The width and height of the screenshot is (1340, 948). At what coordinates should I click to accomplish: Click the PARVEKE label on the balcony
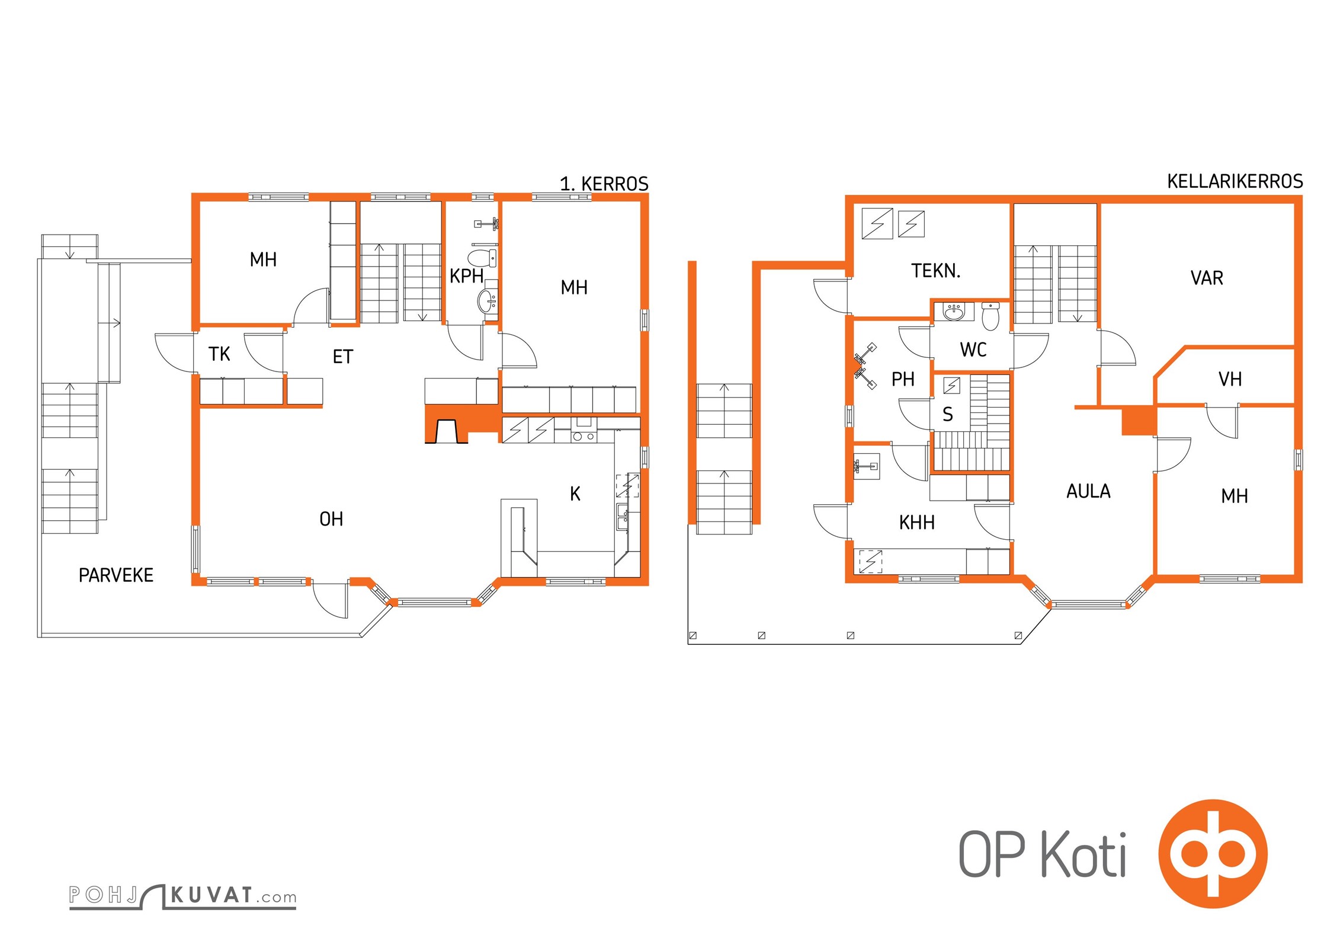point(116,575)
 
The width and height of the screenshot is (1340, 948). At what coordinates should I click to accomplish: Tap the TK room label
point(219,354)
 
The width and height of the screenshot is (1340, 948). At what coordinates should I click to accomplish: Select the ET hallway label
point(343,357)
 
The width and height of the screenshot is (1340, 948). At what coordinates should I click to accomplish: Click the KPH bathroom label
point(467,276)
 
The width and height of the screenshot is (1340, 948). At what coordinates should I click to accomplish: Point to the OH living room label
point(331,519)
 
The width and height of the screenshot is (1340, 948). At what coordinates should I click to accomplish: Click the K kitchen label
point(575,494)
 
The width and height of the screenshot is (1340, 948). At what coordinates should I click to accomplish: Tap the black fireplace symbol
point(447,431)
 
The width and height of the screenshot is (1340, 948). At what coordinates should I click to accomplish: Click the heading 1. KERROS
point(604,184)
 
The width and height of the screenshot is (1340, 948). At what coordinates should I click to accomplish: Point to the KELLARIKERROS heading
point(1235,181)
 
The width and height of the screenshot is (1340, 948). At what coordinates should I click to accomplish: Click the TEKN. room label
point(936,271)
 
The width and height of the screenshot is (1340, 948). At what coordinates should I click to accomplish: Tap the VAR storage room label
point(1207,278)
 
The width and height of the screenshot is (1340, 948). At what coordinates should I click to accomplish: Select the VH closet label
point(1230,379)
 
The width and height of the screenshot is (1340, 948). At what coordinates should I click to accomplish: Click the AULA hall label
point(1089,491)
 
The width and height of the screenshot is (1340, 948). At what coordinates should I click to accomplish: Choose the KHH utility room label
point(917,523)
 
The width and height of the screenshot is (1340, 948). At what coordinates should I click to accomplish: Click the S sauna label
point(948,415)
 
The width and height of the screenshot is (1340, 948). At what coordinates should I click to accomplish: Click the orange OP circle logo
point(1213,854)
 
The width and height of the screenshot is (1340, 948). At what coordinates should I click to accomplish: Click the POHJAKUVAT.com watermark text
point(183,896)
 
